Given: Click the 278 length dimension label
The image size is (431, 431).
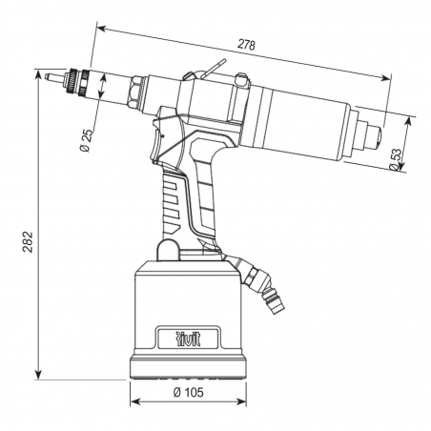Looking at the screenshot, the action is [246, 45].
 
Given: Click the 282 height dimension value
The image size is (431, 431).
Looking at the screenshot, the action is [28, 242].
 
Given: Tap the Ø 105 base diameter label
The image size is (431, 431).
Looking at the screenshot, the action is [188, 393].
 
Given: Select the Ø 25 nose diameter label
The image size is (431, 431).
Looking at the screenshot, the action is [87, 140].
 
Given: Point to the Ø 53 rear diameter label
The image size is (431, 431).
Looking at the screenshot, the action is [396, 159].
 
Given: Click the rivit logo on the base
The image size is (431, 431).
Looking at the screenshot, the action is [188, 339].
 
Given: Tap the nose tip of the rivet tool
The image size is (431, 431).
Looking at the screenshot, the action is [47, 76].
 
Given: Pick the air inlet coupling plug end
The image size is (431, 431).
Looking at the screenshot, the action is [277, 304].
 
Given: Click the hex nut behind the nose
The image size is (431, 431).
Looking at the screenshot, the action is [134, 92].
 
